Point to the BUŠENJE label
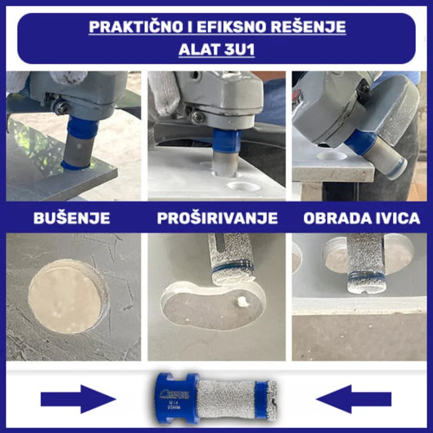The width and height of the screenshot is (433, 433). click(71, 218)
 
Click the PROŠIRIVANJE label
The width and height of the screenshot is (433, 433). click(217, 218)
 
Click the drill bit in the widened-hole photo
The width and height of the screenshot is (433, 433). click(232, 259)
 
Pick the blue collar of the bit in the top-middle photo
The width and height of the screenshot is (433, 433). click(226, 139)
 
